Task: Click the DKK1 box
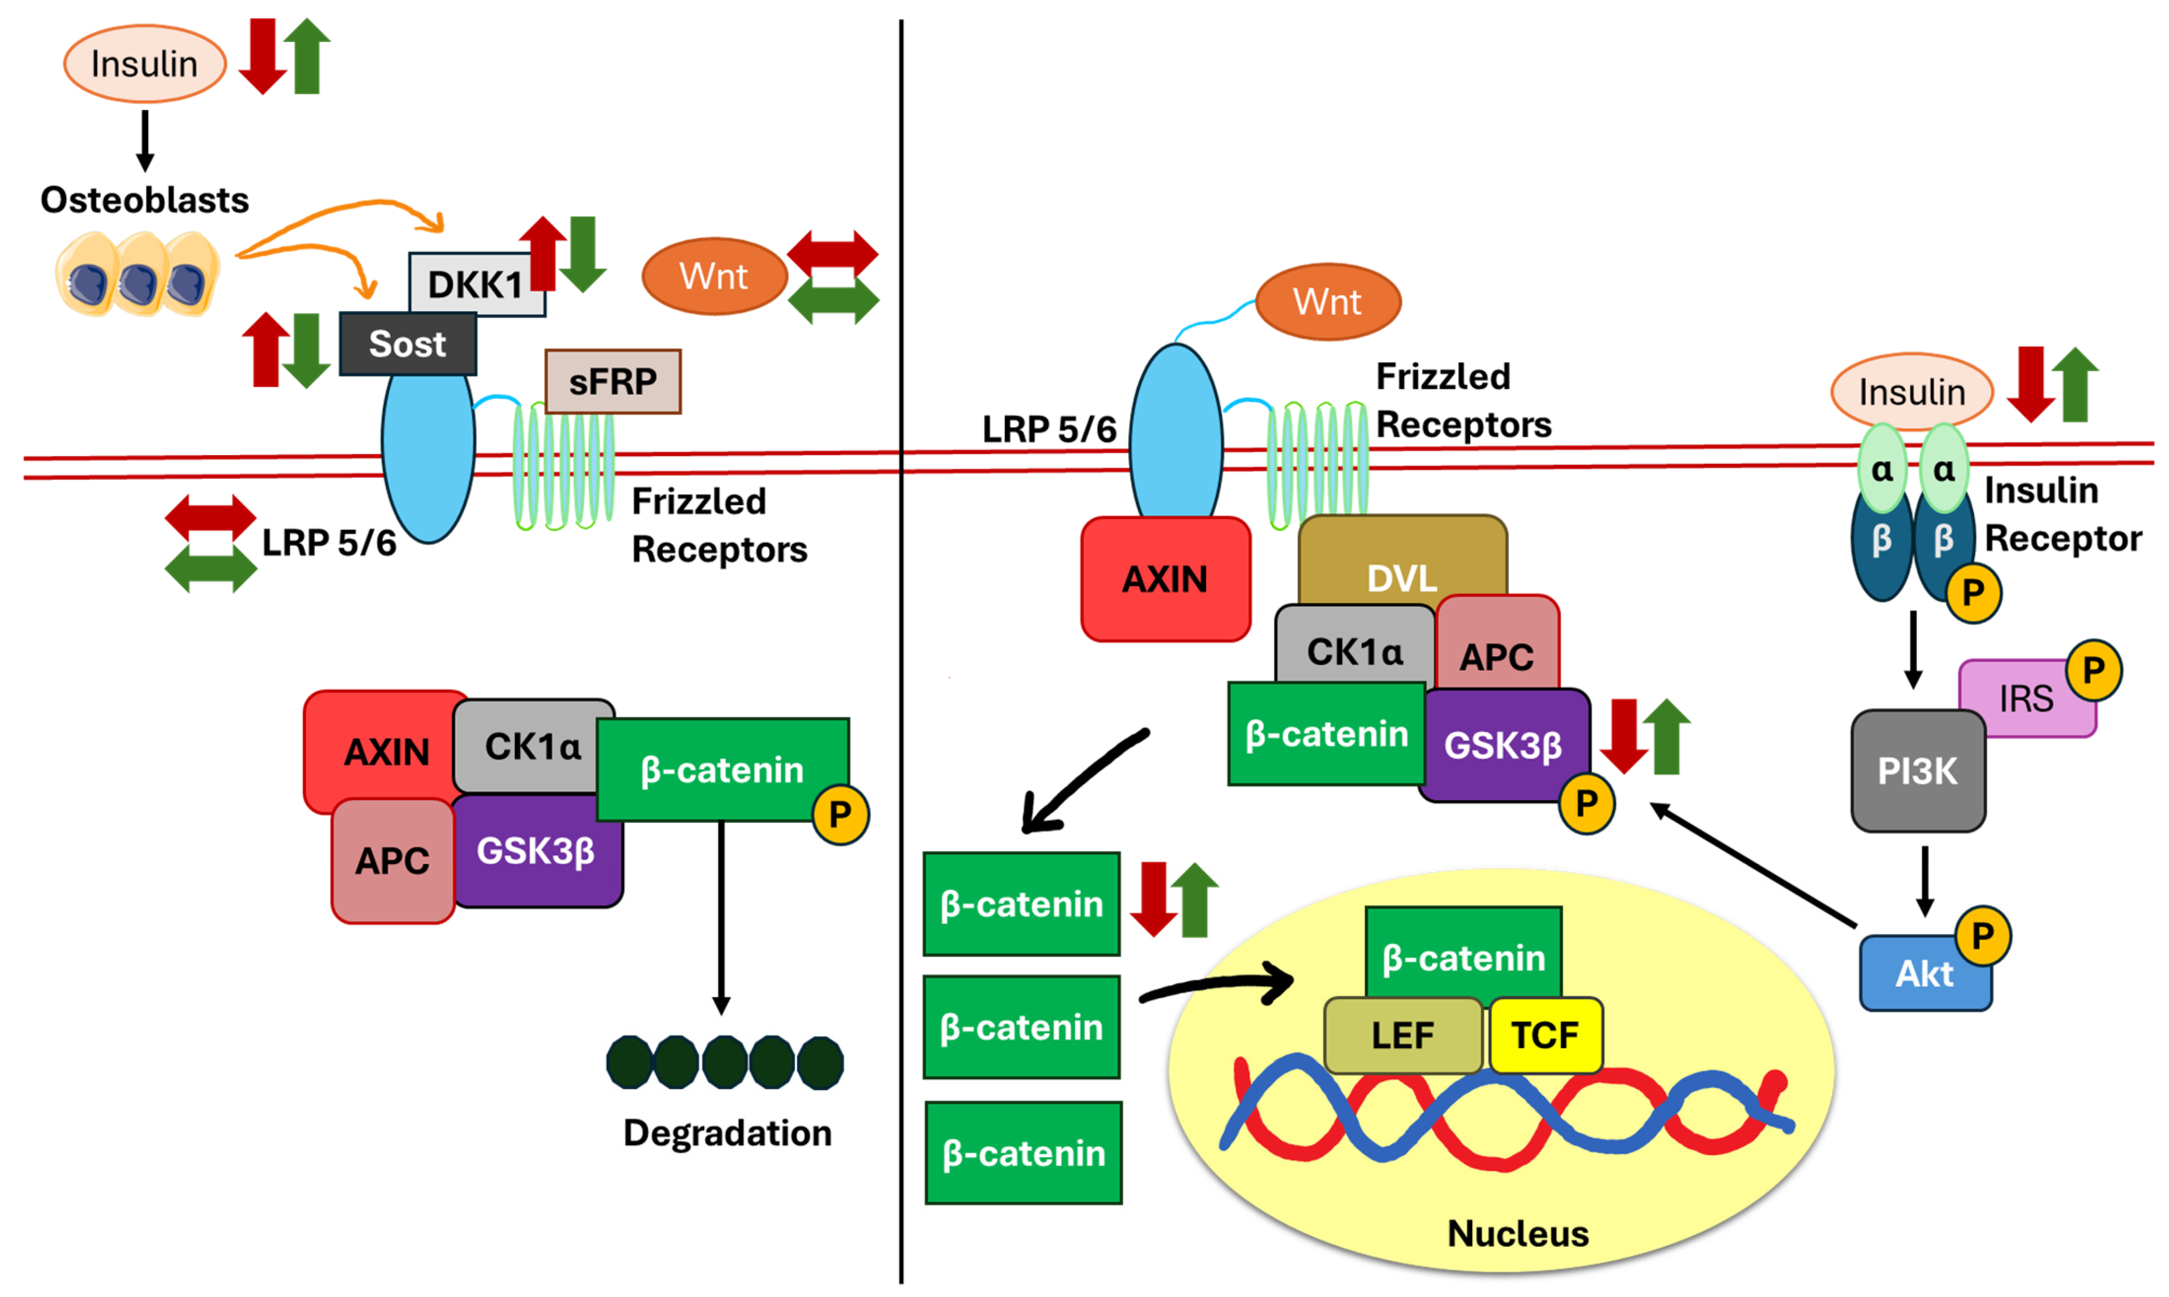point(475,283)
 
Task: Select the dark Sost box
point(408,343)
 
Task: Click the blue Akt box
point(1923,973)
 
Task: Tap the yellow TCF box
point(1545,1036)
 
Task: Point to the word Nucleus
point(1518,1233)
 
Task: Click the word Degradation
point(727,1133)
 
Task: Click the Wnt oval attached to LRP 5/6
point(1327,302)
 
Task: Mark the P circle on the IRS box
point(2093,670)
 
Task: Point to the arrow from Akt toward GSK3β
point(1753,864)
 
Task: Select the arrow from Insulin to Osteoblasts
point(145,140)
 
